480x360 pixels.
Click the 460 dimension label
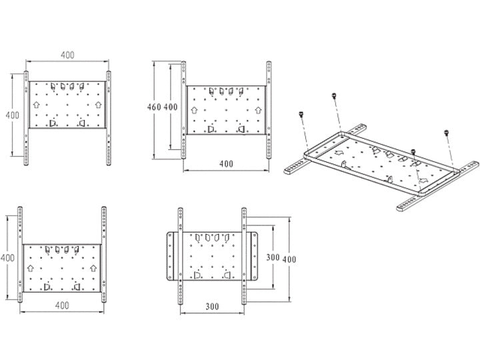pyautogui.click(x=154, y=107)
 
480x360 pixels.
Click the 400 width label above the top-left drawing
pyautogui.click(x=67, y=55)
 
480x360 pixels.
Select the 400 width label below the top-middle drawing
pyautogui.click(x=226, y=163)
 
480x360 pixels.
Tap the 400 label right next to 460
pyautogui.click(x=170, y=107)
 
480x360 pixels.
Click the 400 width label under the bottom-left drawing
pyautogui.click(x=62, y=306)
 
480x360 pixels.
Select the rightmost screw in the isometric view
pyautogui.click(x=445, y=134)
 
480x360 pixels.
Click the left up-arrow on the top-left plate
pyautogui.click(x=35, y=105)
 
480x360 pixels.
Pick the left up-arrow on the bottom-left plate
pyautogui.click(x=30, y=267)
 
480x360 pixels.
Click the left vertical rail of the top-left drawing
pyautogui.click(x=26, y=120)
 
